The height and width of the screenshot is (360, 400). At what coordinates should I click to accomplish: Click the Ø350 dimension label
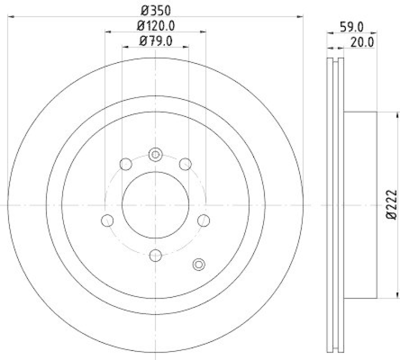pyautogui.click(x=155, y=9)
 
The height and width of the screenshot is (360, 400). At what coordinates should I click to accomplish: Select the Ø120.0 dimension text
pyautogui.click(x=155, y=25)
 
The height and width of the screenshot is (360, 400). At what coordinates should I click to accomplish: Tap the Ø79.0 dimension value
pyautogui.click(x=155, y=41)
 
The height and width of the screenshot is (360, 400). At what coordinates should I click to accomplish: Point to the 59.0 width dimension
pyautogui.click(x=351, y=27)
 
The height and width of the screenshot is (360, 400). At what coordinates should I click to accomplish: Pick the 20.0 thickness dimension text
pyautogui.click(x=362, y=42)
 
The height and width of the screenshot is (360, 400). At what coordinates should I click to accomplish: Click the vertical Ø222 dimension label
pyautogui.click(x=392, y=205)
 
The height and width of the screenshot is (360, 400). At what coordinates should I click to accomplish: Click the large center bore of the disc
pyautogui.click(x=155, y=205)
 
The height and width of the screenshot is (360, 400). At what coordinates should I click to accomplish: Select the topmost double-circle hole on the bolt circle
pyautogui.click(x=155, y=154)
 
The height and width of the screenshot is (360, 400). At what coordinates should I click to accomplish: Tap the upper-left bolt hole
pyautogui.click(x=126, y=163)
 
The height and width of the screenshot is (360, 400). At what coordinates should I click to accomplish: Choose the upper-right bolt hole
pyautogui.click(x=185, y=163)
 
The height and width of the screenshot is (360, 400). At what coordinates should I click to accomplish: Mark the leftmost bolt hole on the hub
pyautogui.click(x=106, y=219)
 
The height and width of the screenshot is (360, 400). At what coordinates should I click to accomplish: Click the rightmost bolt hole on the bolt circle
pyautogui.click(x=203, y=219)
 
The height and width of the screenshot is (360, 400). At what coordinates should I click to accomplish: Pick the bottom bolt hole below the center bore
pyautogui.click(x=155, y=255)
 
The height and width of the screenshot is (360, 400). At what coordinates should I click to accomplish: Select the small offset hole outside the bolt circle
pyautogui.click(x=198, y=264)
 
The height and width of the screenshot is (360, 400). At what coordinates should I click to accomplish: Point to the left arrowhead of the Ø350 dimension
pyautogui.click(x=11, y=17)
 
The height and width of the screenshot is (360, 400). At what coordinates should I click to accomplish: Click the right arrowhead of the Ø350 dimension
pyautogui.click(x=301, y=17)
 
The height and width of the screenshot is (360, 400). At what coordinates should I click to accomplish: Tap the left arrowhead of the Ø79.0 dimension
pyautogui.click(x=124, y=46)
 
